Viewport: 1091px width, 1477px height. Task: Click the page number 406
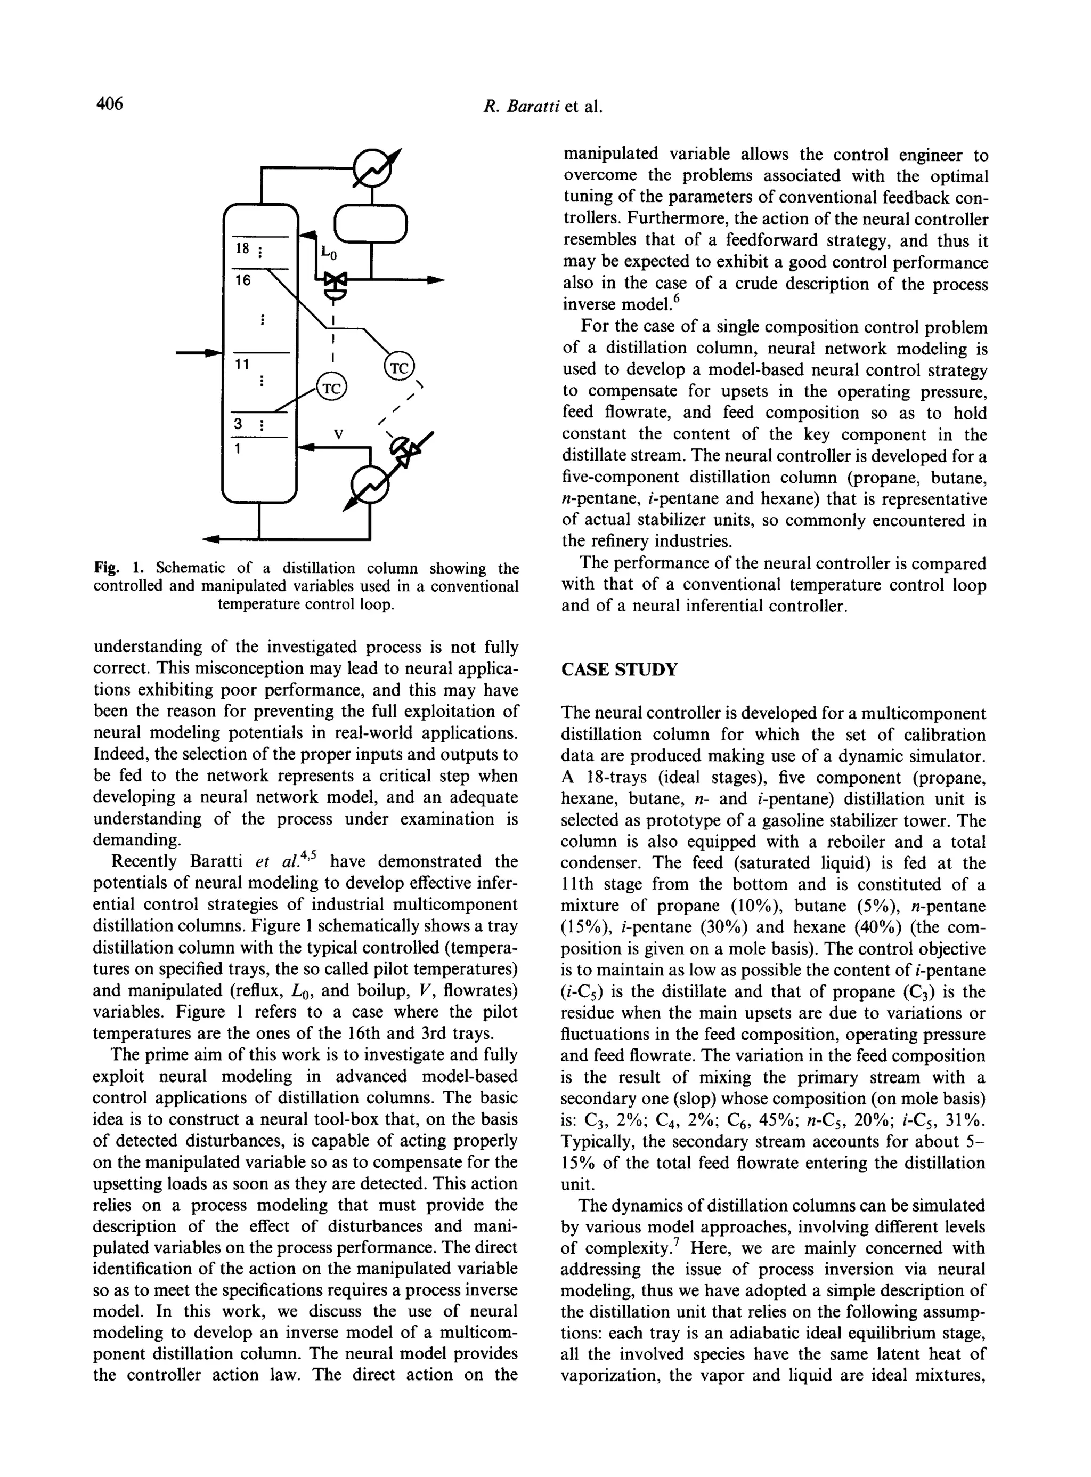110,104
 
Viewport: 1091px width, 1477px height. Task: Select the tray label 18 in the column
242,248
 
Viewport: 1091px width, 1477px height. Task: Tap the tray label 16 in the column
243,280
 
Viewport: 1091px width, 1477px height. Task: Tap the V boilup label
338,434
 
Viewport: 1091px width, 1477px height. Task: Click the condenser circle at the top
372,170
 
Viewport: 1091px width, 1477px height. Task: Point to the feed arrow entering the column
198,353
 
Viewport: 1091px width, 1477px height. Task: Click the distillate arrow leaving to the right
433,280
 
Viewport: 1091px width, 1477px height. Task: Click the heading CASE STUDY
619,669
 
